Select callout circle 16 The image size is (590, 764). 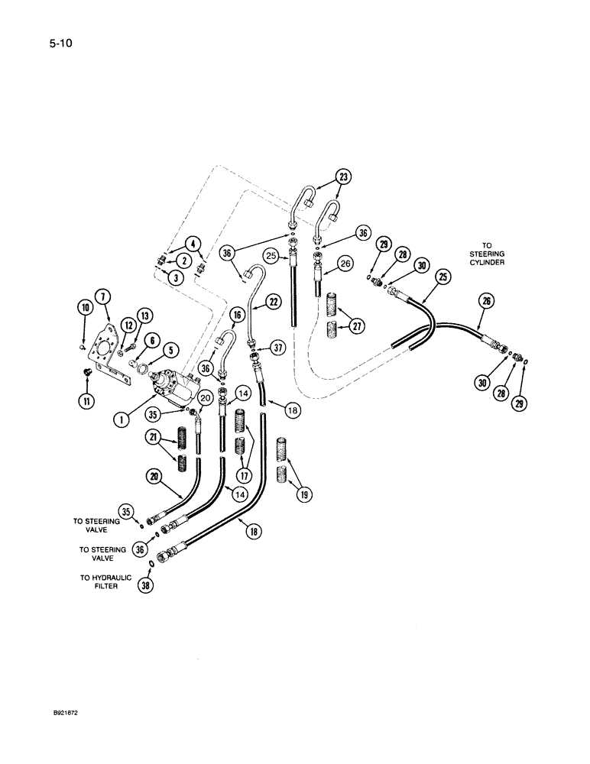236,314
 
